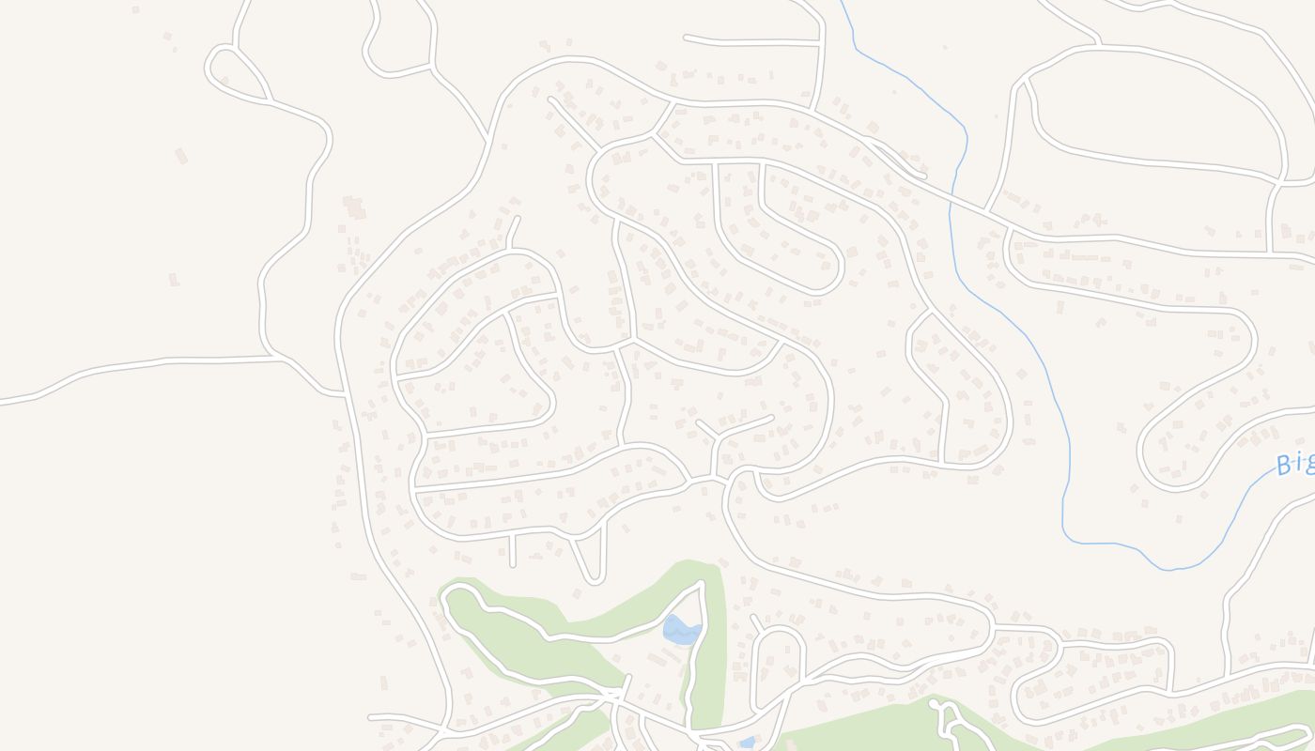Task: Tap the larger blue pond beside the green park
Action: point(682,629)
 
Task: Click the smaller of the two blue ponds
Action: point(747,743)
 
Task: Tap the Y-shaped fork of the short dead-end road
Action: point(718,437)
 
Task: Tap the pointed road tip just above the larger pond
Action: point(703,583)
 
